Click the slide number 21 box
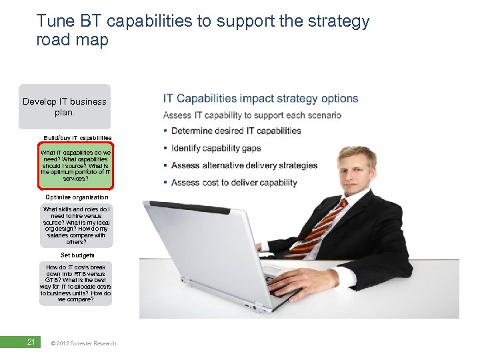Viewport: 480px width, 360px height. [30, 343]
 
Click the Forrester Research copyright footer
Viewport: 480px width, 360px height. [84, 343]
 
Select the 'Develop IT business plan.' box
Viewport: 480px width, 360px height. [65, 107]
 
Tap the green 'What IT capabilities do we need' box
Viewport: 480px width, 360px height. [76, 166]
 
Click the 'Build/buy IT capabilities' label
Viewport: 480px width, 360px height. [77, 137]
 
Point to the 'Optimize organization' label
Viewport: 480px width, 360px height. [77, 197]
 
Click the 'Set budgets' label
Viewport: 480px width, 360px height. [77, 255]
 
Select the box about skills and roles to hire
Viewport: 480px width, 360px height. [76, 225]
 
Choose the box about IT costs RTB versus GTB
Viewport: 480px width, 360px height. [75, 283]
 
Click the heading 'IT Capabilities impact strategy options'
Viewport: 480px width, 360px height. [261, 99]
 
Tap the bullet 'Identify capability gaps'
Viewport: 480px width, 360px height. [216, 148]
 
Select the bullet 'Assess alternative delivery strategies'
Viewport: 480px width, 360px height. [244, 165]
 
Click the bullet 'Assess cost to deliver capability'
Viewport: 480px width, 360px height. [234, 183]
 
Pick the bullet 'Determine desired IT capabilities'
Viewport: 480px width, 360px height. [236, 131]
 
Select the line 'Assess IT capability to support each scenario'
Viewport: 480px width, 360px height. [252, 115]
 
